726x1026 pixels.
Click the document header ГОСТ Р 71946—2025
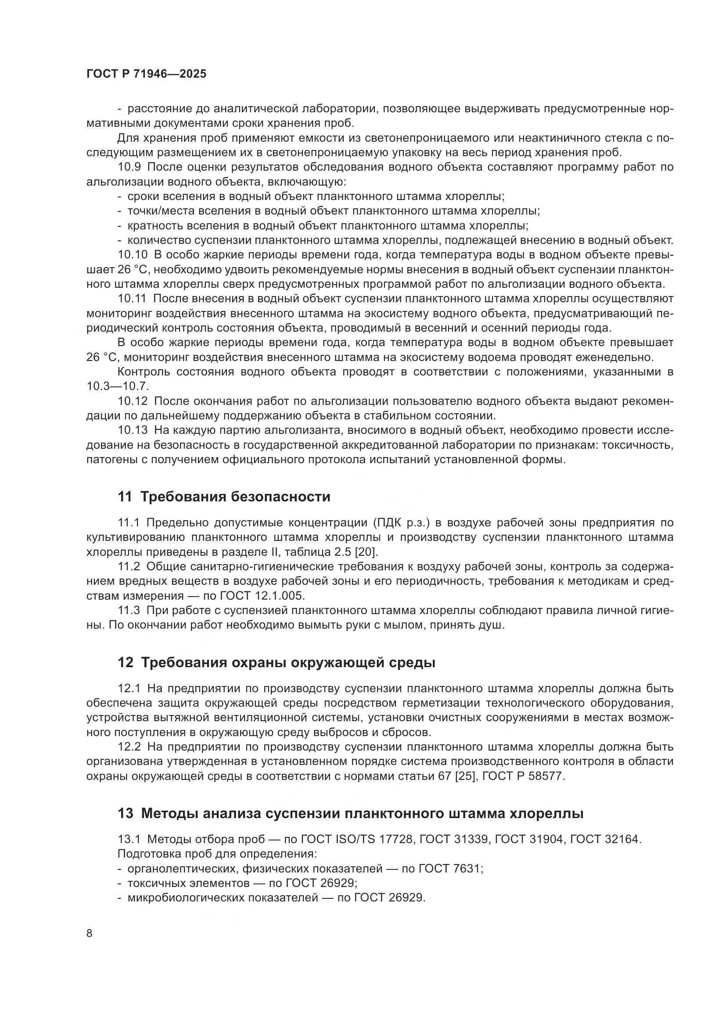pos(146,74)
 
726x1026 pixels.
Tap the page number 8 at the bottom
pos(90,933)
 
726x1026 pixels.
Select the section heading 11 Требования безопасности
pos(224,497)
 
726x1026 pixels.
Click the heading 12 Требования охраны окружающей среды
pos(276,662)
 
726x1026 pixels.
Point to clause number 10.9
pos(129,167)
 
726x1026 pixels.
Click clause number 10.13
pos(132,430)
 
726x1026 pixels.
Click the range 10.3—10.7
pos(118,386)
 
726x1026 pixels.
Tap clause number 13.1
pos(129,839)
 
